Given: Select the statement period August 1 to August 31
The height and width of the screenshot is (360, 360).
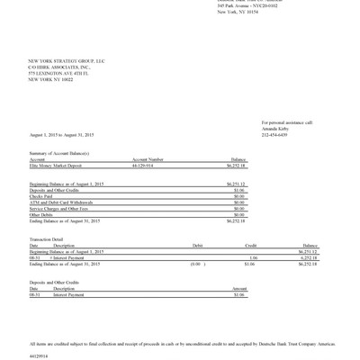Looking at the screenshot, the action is click(61, 135).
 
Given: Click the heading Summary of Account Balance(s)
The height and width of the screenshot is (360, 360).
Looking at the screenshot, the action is click(59, 154).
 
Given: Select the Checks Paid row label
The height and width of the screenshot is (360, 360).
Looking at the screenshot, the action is click(42, 196).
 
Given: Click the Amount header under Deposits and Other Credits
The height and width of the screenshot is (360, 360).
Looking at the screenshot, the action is click(239, 288).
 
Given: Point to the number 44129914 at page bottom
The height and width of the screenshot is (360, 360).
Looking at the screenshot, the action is click(40, 355).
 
